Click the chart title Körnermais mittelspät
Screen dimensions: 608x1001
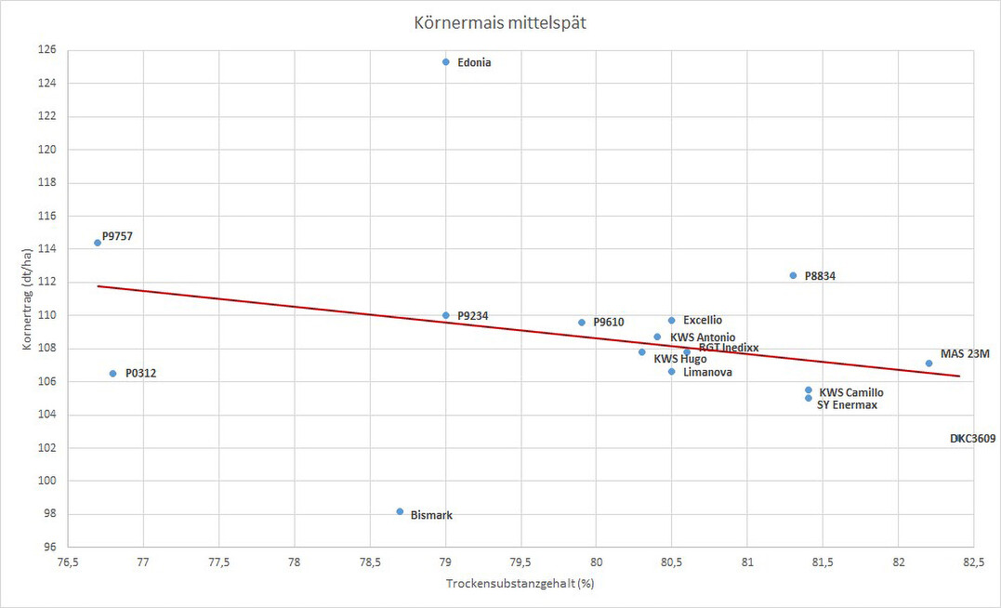pos(500,22)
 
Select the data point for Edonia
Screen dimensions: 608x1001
pos(446,62)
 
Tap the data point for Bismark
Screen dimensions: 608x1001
pos(400,511)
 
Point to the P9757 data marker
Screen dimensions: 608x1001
pos(98,243)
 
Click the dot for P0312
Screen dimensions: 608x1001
pos(113,374)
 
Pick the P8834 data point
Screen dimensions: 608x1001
pos(793,275)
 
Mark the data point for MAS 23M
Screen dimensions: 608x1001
pos(929,363)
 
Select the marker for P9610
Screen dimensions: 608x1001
pos(582,323)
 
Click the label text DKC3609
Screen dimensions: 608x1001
pos(972,438)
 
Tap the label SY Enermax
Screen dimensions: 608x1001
pos(847,405)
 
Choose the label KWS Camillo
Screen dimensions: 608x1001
pos(851,392)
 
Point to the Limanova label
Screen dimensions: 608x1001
pos(707,373)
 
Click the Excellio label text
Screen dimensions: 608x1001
pos(703,320)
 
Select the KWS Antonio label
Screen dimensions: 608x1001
pos(703,337)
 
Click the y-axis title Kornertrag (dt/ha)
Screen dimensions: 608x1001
pos(29,297)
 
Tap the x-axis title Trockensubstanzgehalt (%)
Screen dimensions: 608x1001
pos(520,584)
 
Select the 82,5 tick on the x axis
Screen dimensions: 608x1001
pos(973,563)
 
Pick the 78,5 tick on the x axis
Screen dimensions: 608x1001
pos(370,563)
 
